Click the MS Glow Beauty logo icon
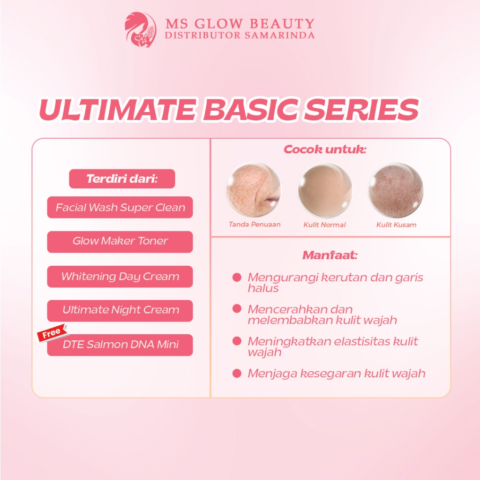[141, 30]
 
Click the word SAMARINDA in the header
[279, 36]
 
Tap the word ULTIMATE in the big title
[118, 110]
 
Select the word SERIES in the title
[361, 110]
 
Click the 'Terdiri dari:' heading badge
[122, 179]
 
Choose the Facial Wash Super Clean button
[120, 207]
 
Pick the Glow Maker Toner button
[120, 242]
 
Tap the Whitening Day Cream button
[120, 277]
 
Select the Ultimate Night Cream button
[120, 311]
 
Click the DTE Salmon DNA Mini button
[120, 345]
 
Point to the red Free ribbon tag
[52, 333]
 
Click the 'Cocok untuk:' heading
[325, 150]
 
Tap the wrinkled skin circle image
[254, 189]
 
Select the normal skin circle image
[325, 190]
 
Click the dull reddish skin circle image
[396, 190]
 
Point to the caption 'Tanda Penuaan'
[255, 225]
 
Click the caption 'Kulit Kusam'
[396, 225]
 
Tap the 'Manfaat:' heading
[330, 255]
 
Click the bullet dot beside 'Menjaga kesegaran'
[237, 374]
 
